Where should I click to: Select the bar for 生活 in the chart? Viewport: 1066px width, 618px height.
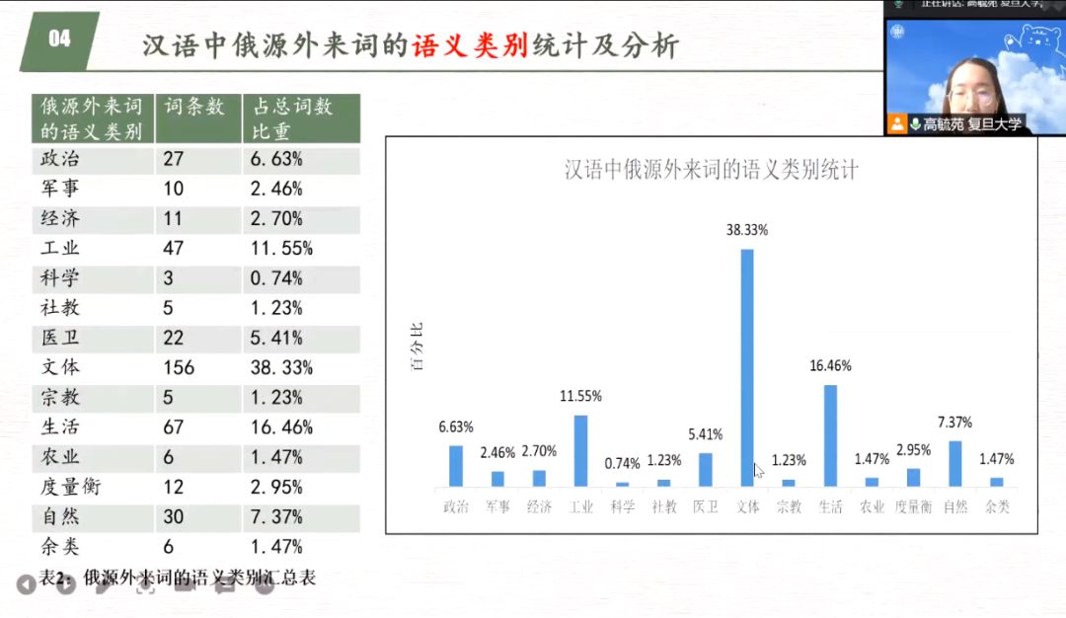tap(830, 435)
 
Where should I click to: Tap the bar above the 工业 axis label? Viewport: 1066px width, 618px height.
tap(580, 450)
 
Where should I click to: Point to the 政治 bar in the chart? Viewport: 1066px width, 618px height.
tap(456, 466)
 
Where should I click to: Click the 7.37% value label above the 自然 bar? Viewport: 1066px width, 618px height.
tap(954, 423)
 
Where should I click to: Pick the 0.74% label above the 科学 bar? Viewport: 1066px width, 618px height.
tap(622, 464)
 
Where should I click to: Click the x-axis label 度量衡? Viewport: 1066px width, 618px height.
tap(913, 507)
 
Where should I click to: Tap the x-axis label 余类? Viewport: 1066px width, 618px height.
tap(997, 507)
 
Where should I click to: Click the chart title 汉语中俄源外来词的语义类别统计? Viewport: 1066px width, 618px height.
tap(711, 170)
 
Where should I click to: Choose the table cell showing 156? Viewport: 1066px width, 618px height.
tap(179, 367)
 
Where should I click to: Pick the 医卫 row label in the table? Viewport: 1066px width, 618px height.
tap(60, 338)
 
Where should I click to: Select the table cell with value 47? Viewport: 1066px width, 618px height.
tap(173, 249)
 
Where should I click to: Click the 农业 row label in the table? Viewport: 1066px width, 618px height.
tap(60, 457)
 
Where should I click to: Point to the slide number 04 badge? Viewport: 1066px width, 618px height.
tap(60, 39)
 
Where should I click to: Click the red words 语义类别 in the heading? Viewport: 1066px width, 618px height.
tap(471, 45)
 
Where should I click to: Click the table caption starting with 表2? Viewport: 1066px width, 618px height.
tap(178, 578)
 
